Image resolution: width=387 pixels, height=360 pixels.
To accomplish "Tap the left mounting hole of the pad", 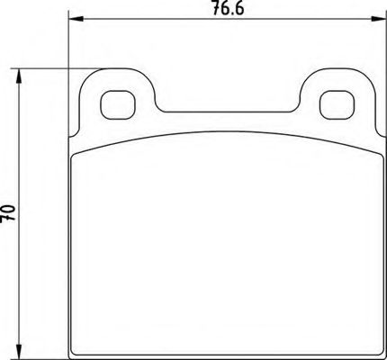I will (x=113, y=104).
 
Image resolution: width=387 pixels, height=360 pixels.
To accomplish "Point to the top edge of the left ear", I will (x=115, y=72).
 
